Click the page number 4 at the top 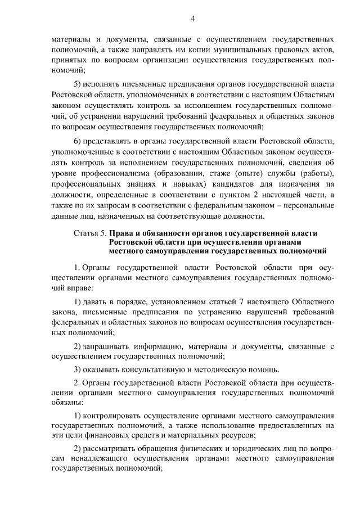192,19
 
